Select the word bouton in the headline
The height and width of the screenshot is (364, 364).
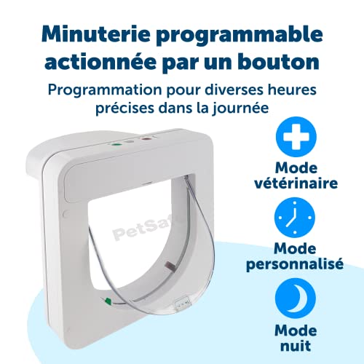pos(278,62)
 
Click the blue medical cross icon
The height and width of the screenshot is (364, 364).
pos(296,137)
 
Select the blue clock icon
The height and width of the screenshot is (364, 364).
pos(295,218)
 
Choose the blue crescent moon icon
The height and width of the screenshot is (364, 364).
pos(296,298)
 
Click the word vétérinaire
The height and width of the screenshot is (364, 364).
pos(296,183)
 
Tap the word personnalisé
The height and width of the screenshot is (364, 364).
pos(295,264)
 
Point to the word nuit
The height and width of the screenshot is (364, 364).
pos(296,346)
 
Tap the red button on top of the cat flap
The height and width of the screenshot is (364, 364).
pos(146,139)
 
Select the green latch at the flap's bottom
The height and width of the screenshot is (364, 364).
pos(107,301)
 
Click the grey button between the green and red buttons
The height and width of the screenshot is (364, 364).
pos(130,142)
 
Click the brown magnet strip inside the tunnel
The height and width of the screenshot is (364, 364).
pos(169,265)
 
